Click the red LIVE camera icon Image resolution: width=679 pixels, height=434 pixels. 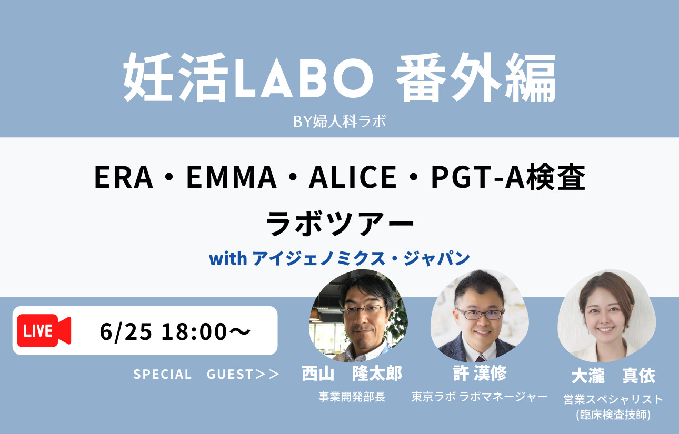[x=44, y=330]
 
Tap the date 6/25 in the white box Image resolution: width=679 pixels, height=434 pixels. [x=126, y=331]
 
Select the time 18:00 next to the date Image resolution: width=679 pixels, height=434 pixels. [x=194, y=331]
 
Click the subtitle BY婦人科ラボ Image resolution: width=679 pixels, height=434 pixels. [x=339, y=121]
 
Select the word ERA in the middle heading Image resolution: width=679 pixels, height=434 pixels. [x=124, y=177]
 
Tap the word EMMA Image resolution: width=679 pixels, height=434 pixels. [x=231, y=177]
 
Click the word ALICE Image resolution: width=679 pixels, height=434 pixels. [x=352, y=177]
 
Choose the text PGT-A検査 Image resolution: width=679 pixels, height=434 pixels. [x=508, y=177]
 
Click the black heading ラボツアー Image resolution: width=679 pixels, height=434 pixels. [x=339, y=224]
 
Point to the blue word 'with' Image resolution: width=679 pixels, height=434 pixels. [x=228, y=259]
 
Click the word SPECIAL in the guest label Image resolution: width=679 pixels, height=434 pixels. [x=163, y=375]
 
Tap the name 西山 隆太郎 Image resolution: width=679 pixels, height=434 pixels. [x=352, y=374]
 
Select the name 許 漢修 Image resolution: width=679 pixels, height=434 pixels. [x=480, y=373]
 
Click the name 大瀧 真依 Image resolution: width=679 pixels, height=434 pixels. [x=613, y=376]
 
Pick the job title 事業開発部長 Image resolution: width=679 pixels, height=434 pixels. [x=352, y=397]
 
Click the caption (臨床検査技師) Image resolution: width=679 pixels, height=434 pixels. [x=613, y=415]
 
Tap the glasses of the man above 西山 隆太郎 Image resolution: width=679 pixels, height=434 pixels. [x=363, y=309]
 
